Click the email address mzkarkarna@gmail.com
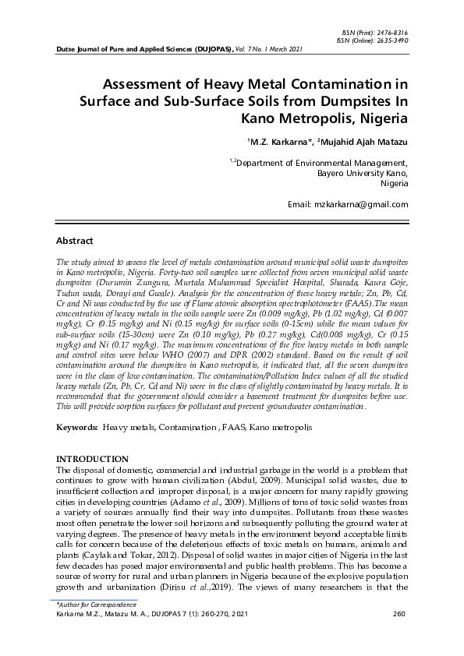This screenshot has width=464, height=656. (367, 204)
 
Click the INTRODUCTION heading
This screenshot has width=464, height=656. (93, 460)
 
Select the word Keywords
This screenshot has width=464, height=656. (76, 429)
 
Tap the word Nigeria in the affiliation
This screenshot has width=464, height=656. (394, 184)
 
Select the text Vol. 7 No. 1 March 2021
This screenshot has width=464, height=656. (270, 48)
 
